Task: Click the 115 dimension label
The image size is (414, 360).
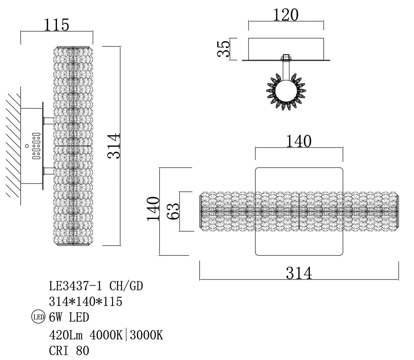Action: (x=56, y=25)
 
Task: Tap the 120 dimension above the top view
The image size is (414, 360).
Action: (x=286, y=15)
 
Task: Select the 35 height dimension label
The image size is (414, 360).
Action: (x=224, y=49)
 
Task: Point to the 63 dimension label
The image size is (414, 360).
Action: (x=174, y=211)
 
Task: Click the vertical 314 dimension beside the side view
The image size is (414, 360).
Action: (x=114, y=146)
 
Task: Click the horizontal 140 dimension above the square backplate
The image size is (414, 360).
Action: (x=299, y=141)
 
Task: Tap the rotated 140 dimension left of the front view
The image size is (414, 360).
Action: (x=153, y=209)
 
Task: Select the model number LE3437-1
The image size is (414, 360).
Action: (x=75, y=286)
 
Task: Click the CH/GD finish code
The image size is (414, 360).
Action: (x=126, y=286)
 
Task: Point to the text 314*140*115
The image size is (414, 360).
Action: (x=86, y=301)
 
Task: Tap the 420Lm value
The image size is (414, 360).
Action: (x=66, y=335)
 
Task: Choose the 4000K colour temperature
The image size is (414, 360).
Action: (x=106, y=335)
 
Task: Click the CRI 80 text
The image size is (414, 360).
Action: (x=69, y=350)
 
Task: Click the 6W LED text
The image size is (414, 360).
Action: (x=69, y=317)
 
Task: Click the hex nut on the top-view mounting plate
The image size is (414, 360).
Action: (x=286, y=58)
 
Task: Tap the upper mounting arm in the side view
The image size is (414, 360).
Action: (x=49, y=120)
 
